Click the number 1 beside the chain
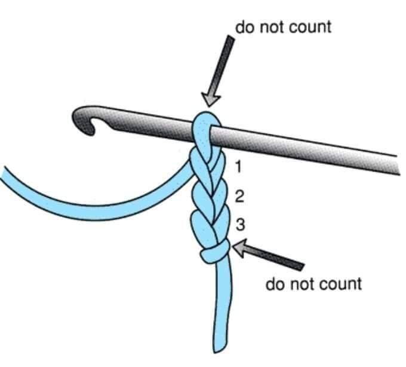(239, 166)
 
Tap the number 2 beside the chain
(239, 196)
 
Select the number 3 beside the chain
(240, 225)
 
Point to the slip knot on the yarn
(215, 251)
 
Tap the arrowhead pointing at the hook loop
(210, 100)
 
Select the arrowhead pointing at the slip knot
(239, 248)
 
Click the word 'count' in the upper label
(309, 27)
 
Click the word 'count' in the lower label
(340, 284)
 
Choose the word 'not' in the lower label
(300, 284)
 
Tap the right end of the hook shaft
(398, 165)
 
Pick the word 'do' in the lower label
(276, 283)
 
